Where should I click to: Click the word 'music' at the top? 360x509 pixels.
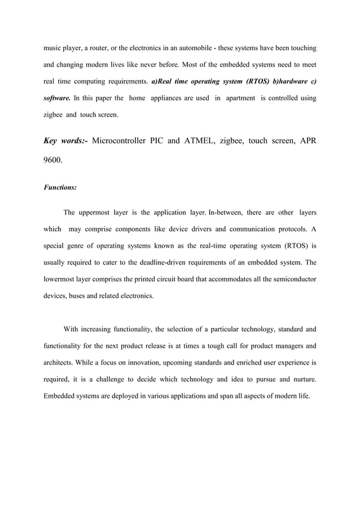[x=53, y=45]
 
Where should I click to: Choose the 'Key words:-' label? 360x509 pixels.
[x=65, y=141]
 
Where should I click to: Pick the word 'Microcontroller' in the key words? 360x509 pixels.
[x=124, y=141]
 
